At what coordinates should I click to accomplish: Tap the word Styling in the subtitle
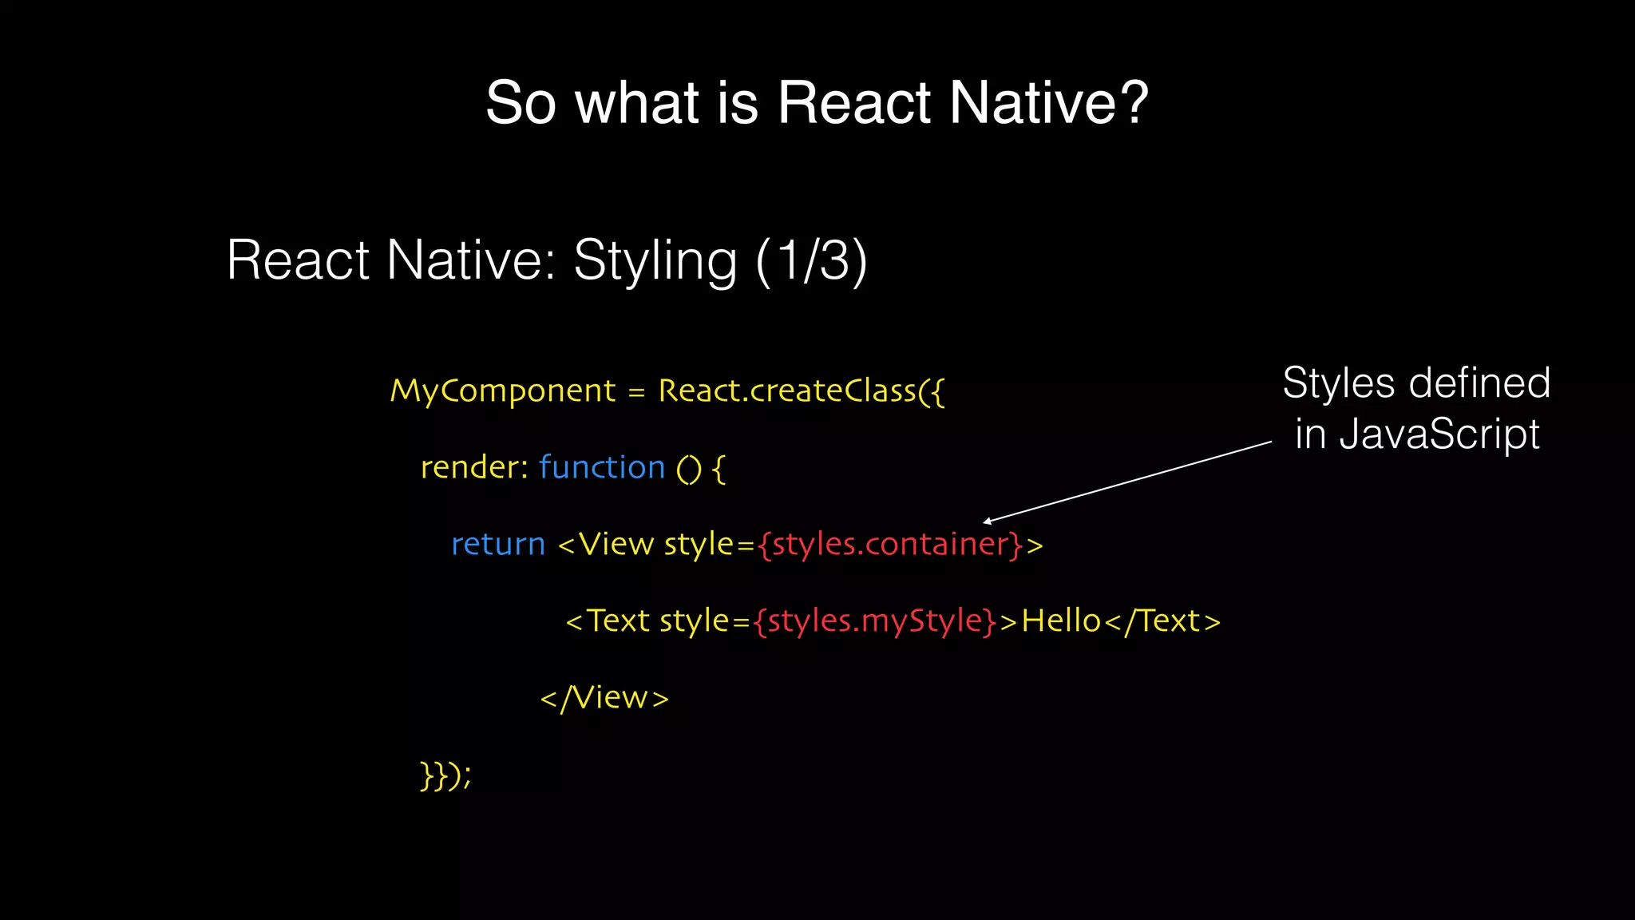(x=655, y=262)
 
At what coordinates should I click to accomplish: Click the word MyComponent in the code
(x=502, y=391)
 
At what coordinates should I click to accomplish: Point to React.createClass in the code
(x=786, y=391)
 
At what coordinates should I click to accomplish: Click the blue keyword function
(x=601, y=467)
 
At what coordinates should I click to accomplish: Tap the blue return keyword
(x=498, y=545)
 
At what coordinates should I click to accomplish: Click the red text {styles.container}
(x=889, y=545)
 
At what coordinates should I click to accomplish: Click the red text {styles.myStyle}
(x=874, y=621)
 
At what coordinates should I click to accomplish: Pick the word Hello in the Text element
(x=1061, y=621)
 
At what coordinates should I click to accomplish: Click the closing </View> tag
(x=604, y=698)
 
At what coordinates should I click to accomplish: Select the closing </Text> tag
(x=1163, y=621)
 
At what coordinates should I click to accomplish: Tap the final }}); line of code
(x=445, y=775)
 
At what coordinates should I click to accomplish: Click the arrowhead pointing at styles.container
(x=988, y=521)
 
